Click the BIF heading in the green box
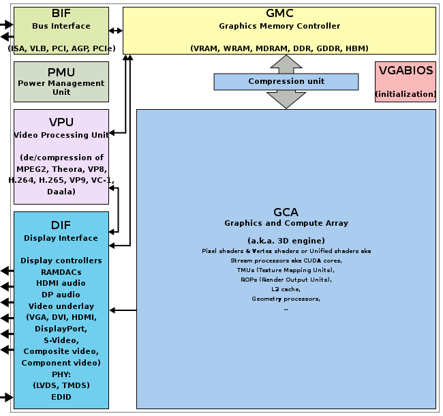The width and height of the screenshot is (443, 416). point(61,13)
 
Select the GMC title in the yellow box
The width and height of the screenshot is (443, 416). point(279,13)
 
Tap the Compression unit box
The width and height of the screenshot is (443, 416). point(286,82)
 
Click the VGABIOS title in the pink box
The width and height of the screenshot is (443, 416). point(406,70)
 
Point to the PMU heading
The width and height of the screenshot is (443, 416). point(61,72)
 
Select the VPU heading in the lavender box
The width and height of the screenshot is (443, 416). point(61,122)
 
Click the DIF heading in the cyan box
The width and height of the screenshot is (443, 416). point(61,225)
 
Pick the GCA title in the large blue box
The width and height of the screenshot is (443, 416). point(286,212)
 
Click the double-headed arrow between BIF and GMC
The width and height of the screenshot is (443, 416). point(116,30)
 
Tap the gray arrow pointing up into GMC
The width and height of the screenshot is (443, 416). point(286,64)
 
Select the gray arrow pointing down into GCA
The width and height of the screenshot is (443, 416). point(286,100)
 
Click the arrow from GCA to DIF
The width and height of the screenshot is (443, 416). point(123,310)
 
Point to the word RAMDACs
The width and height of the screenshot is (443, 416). point(61,272)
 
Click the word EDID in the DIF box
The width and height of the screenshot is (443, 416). point(61,397)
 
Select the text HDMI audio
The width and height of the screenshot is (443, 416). point(61,283)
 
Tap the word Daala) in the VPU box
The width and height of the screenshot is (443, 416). point(61,192)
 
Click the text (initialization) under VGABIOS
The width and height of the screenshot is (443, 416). point(406,94)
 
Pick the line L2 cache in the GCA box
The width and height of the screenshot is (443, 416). point(286,289)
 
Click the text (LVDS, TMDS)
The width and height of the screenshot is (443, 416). point(61,385)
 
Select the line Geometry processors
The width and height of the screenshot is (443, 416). point(286,299)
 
